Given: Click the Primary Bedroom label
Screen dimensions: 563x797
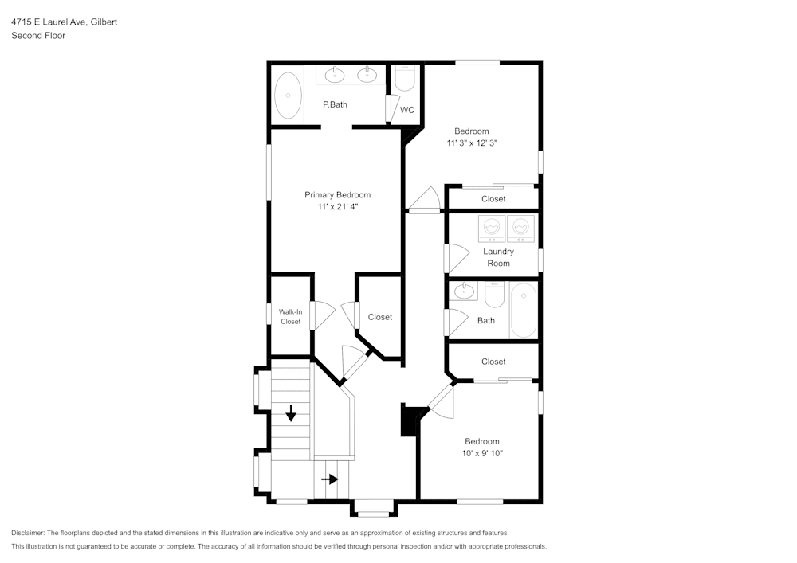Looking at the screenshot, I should tap(337, 195).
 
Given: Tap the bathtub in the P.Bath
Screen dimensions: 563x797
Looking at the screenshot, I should tap(288, 96).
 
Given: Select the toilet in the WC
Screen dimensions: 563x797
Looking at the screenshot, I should tap(405, 78).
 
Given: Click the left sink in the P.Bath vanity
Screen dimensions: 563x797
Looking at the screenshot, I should tap(335, 76).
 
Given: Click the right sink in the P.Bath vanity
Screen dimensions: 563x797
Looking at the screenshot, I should tap(367, 76).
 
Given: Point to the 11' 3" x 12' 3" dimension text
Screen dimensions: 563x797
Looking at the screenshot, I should tap(477, 143).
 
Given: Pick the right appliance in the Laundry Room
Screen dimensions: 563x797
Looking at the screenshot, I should tap(520, 229).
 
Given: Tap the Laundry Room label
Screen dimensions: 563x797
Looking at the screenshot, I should tap(499, 257).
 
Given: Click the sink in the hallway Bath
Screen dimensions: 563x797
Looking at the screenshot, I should tap(465, 292).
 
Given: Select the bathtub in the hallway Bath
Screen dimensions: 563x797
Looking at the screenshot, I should tap(524, 310).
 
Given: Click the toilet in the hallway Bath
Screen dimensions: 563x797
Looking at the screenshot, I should tap(493, 296).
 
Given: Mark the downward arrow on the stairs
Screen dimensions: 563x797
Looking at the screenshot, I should tap(291, 412).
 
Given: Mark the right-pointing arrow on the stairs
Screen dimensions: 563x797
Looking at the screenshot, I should tap(329, 479).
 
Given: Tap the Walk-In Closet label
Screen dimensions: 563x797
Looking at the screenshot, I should tap(290, 316).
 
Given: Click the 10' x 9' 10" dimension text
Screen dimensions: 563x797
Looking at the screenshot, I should tap(482, 453).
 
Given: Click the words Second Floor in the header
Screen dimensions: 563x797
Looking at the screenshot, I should tap(37, 36).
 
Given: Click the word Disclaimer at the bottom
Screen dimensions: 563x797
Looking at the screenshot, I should tap(28, 533).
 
